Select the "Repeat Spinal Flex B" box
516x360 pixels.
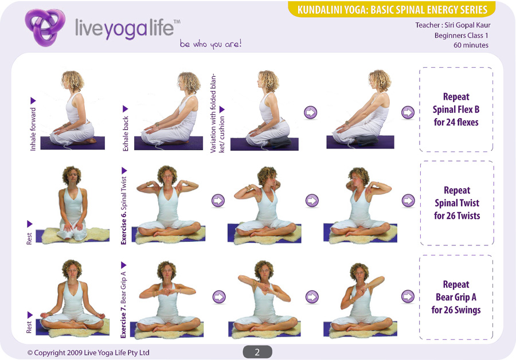[456, 109]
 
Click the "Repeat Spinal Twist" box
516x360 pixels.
[456, 203]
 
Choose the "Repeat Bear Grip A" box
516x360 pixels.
[456, 297]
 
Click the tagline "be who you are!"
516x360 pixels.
[210, 44]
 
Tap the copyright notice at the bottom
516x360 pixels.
[88, 353]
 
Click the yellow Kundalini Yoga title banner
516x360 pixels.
[392, 10]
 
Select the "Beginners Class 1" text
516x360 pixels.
[461, 35]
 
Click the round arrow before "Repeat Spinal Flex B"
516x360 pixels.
[408, 112]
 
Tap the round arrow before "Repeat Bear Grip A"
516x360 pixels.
[408, 296]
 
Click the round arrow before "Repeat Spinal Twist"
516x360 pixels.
[408, 201]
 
